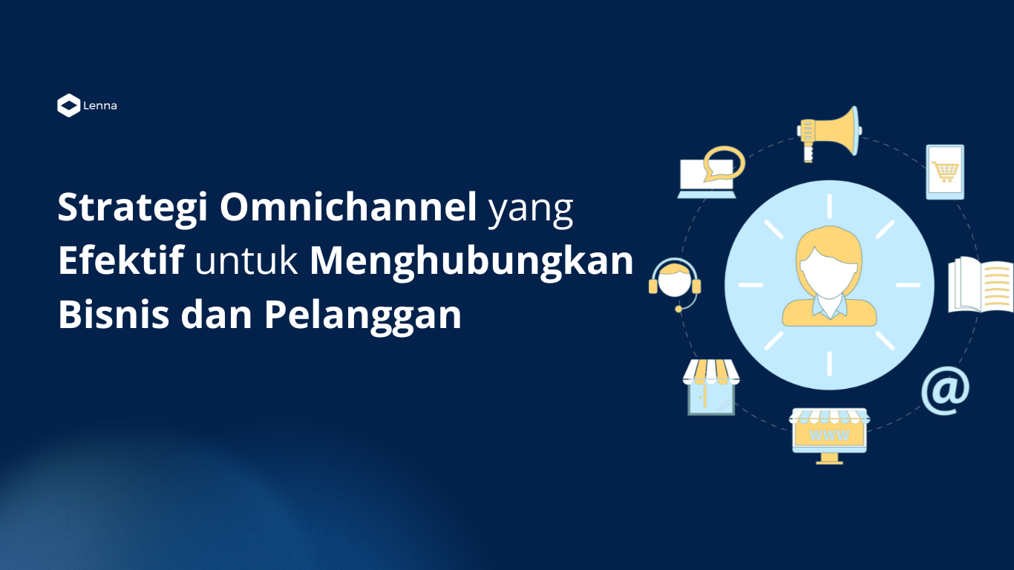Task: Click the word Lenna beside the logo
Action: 100,106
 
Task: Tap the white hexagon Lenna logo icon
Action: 69,105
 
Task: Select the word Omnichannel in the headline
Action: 348,207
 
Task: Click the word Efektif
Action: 121,261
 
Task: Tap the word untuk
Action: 246,261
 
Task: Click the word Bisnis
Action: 114,314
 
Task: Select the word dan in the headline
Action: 216,314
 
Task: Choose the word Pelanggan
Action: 362,317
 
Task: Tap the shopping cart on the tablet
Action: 945,172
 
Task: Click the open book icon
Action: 981,285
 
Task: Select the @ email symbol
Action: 945,390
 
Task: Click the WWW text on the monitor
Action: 829,435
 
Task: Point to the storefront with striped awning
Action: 711,387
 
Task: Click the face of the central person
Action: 829,272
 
